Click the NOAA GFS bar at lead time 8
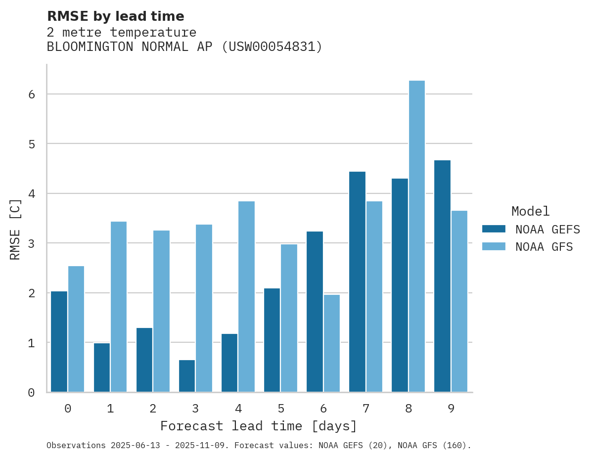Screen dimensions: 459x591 point(416,236)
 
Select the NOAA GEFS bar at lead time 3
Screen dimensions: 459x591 point(187,376)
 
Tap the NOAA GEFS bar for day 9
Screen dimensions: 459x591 point(442,276)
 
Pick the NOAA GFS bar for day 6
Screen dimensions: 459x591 point(331,343)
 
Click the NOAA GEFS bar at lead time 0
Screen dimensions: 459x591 point(59,341)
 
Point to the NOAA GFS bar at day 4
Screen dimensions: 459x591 point(246,297)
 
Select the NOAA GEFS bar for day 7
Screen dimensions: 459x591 point(357,282)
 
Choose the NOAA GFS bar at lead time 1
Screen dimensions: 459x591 point(119,307)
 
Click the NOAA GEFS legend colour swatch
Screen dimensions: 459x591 point(494,229)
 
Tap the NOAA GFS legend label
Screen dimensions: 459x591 point(544,247)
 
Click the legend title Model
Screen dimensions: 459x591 point(530,211)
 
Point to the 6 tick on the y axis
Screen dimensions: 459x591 point(31,94)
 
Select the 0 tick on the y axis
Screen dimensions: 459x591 point(31,393)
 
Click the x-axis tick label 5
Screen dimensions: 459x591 point(281,409)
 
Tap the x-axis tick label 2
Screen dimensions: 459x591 point(153,409)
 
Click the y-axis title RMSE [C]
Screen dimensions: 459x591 point(15,229)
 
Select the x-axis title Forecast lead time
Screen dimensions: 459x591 point(258,426)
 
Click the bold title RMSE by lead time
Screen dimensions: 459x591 point(115,16)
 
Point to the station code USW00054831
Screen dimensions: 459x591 point(272,47)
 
